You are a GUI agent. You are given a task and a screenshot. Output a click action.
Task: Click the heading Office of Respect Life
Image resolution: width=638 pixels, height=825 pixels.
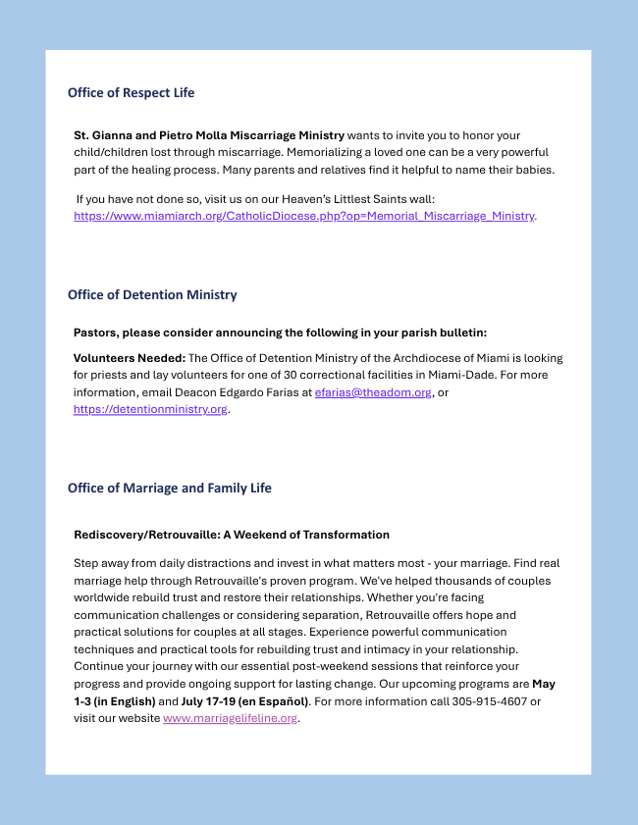pos(131,92)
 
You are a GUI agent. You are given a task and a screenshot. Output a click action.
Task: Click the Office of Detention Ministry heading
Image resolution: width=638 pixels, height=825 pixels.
pos(152,294)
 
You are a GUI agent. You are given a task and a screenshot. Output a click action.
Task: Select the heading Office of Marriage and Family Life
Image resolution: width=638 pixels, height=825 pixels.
pos(169,488)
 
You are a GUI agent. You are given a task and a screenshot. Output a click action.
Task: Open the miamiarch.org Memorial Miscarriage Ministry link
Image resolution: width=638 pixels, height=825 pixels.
pos(304,216)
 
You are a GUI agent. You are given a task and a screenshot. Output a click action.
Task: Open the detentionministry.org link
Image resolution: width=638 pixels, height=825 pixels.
pos(150,409)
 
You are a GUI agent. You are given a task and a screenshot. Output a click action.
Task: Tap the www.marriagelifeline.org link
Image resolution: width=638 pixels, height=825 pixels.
pos(230,718)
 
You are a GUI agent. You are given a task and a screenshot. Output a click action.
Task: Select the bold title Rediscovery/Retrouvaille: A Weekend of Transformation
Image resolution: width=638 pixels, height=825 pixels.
pos(232,535)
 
